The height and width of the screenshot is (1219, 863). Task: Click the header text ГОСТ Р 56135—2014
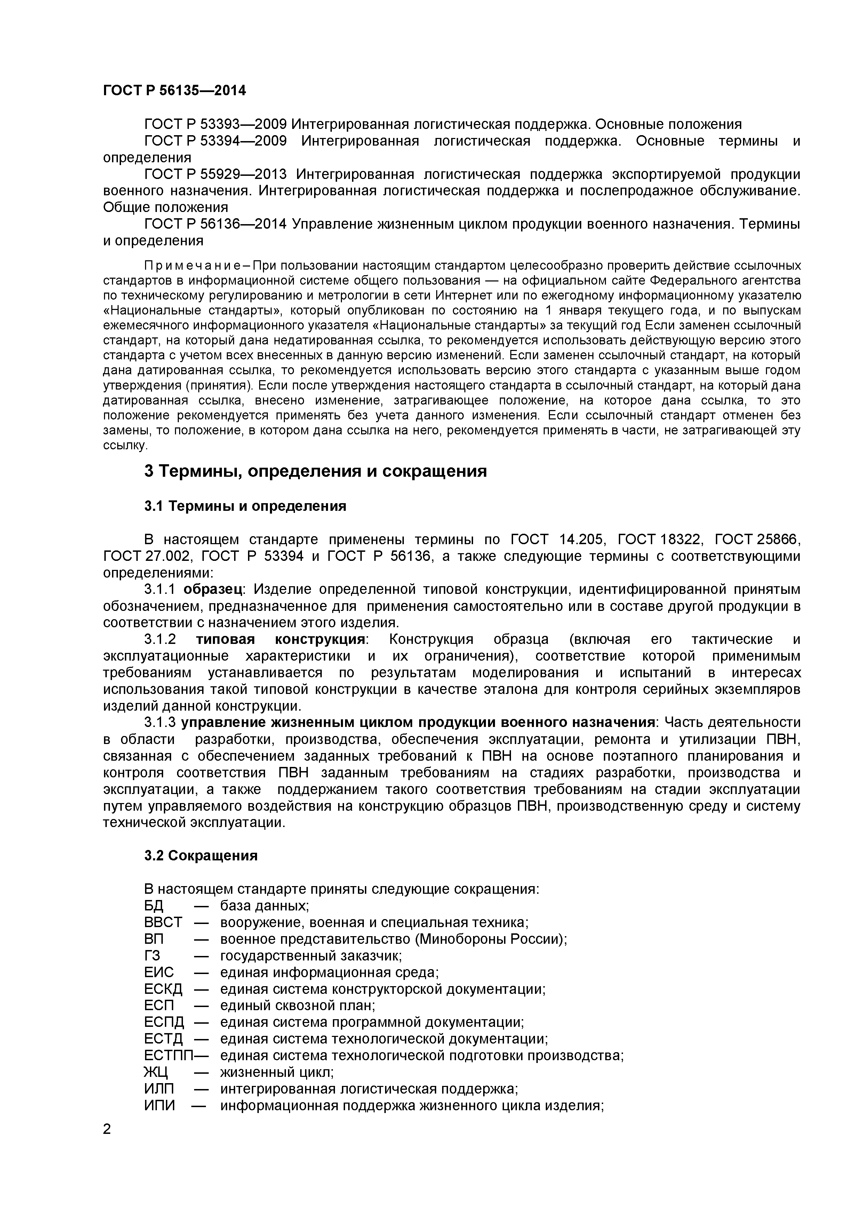click(174, 91)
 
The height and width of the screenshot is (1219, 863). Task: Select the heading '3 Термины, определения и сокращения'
click(315, 471)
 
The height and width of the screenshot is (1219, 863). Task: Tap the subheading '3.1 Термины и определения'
click(245, 506)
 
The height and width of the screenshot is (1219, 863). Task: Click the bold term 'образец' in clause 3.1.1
click(213, 589)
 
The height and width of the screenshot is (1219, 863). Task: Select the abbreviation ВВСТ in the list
click(162, 922)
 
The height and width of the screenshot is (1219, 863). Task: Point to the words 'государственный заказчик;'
click(311, 956)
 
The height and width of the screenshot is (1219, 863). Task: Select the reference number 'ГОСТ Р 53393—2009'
click(215, 124)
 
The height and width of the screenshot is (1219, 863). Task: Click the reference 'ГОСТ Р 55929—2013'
click(215, 174)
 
